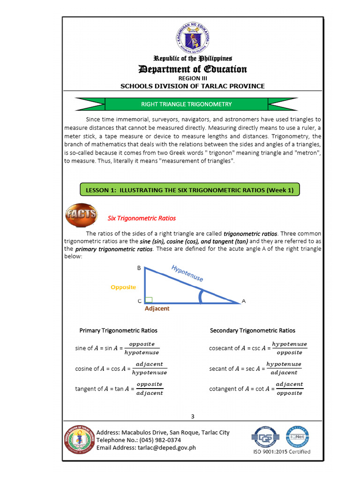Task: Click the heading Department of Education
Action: pyautogui.click(x=193, y=69)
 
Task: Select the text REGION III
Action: pyautogui.click(x=192, y=78)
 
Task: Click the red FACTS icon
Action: pyautogui.click(x=81, y=215)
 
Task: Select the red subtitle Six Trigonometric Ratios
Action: pyautogui.click(x=142, y=218)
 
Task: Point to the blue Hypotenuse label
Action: pyautogui.click(x=187, y=273)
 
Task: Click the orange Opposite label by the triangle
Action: pyautogui.click(x=123, y=287)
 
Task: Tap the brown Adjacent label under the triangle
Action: pyautogui.click(x=157, y=308)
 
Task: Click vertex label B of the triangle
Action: pyautogui.click(x=139, y=268)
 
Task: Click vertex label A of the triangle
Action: pyautogui.click(x=243, y=301)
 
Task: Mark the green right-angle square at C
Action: pyautogui.click(x=149, y=300)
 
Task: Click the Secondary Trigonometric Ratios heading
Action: pyautogui.click(x=253, y=330)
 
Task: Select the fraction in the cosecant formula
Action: pyautogui.click(x=289, y=348)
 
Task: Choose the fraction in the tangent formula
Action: pyautogui.click(x=149, y=389)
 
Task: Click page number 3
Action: pyautogui.click(x=193, y=417)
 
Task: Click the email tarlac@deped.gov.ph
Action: pyautogui.click(x=172, y=448)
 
